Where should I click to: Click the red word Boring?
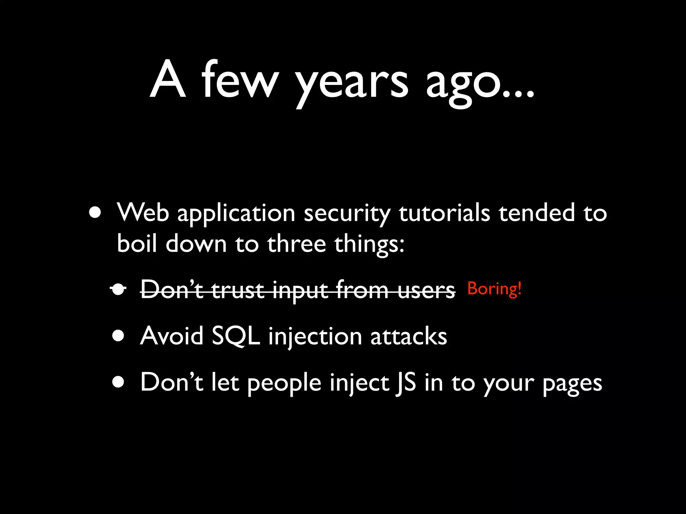click(x=494, y=288)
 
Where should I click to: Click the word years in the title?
click(x=352, y=82)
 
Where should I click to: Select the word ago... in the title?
click(x=480, y=84)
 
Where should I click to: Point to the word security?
click(x=347, y=214)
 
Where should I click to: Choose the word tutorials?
click(x=444, y=213)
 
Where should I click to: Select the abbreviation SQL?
click(x=236, y=336)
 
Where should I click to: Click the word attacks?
click(x=409, y=336)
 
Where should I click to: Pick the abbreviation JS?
click(x=405, y=383)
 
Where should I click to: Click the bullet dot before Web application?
click(x=95, y=212)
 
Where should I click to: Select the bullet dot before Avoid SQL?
click(x=118, y=336)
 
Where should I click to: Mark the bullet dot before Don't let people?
click(x=118, y=382)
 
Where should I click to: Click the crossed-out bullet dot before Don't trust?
click(x=118, y=289)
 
